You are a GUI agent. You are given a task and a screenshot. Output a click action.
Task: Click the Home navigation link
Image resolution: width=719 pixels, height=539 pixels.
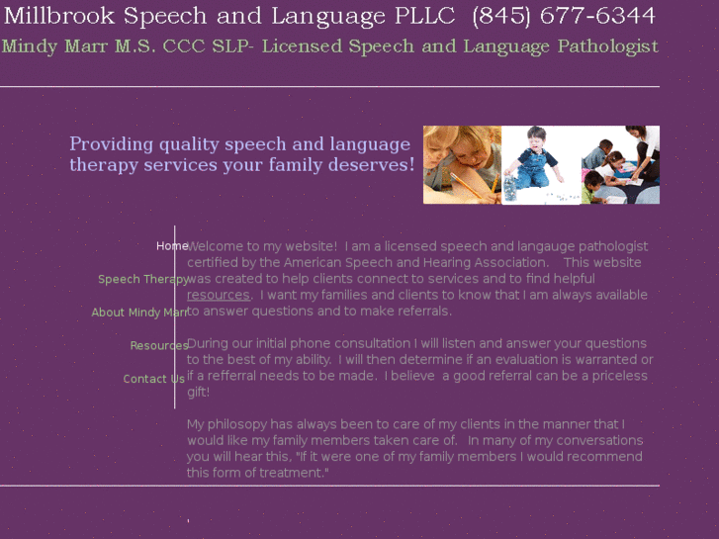(x=172, y=245)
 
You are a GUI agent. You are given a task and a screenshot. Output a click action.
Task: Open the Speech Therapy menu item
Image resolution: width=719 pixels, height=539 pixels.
(x=143, y=279)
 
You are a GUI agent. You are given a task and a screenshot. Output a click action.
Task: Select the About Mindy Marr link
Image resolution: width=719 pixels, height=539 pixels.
(x=139, y=313)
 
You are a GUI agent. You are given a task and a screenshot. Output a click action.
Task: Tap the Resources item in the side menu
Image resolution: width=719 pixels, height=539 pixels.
(x=159, y=345)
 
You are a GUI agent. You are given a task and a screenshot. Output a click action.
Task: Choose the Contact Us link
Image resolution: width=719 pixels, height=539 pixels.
(x=153, y=379)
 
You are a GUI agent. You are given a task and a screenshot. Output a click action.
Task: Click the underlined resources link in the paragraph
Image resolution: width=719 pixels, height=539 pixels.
(x=218, y=295)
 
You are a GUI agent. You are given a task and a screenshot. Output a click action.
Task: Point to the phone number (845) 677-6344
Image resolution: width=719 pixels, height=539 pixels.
(x=564, y=16)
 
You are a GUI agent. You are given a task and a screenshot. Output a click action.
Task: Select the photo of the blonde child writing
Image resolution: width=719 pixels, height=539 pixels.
(x=462, y=165)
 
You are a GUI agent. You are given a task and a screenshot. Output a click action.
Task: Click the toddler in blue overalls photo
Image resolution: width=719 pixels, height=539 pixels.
(x=540, y=165)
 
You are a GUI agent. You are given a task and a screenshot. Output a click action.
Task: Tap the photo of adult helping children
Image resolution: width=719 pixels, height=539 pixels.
(x=620, y=165)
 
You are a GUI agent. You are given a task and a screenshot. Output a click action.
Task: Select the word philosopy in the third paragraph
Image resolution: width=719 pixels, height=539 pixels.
(x=246, y=424)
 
